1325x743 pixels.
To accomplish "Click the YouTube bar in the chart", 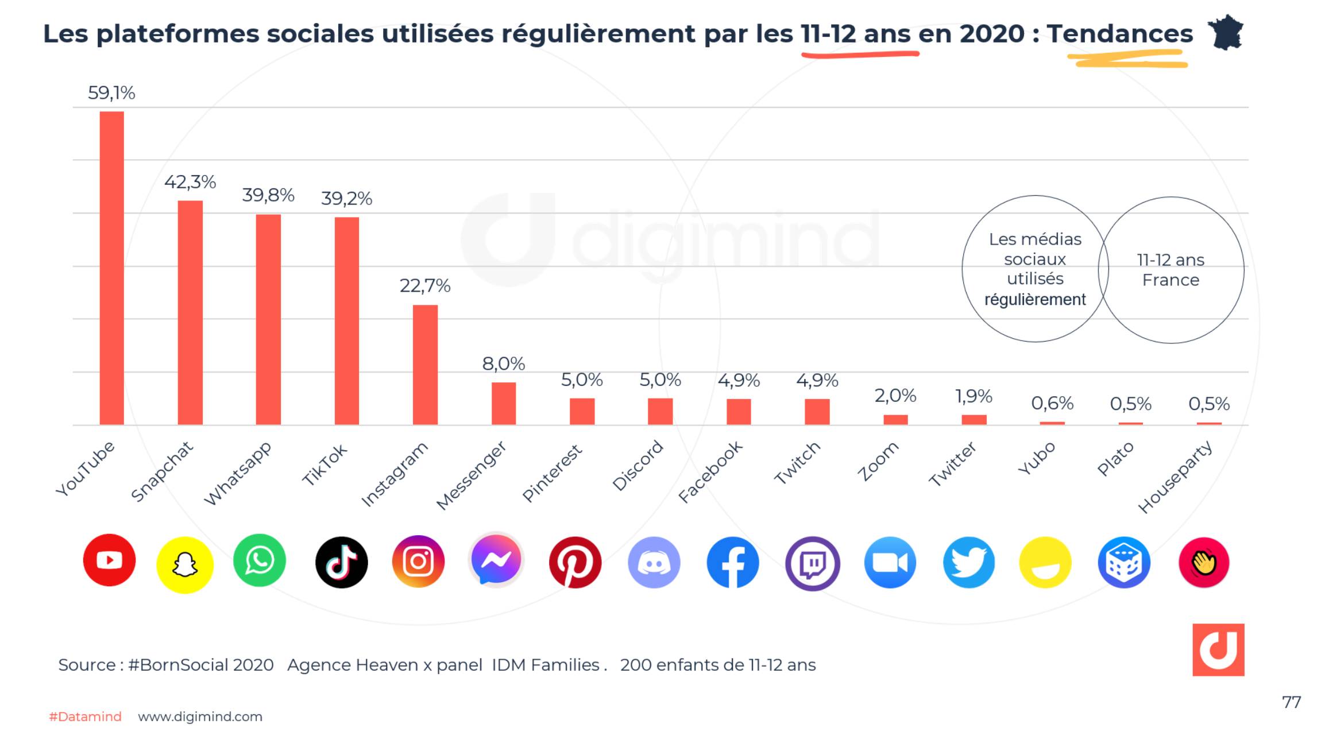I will pos(111,268).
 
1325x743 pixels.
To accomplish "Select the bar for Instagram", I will pos(425,365).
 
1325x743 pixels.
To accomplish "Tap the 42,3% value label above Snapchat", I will pos(190,182).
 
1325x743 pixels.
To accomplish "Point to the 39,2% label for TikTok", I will pos(346,199).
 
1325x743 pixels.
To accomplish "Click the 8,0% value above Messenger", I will pos(503,363).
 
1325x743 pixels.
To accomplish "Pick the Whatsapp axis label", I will pos(238,474).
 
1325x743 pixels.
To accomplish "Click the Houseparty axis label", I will pos(1175,477).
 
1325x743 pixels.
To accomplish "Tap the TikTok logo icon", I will pos(341,562).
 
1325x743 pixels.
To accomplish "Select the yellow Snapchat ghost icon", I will pos(184,564).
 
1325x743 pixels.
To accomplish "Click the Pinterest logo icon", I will pos(575,562).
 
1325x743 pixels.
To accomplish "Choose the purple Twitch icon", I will pos(812,563).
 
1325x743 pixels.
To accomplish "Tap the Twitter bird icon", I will pos(968,563).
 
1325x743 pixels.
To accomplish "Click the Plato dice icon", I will pos(1123,563).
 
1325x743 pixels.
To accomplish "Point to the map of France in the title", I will pos(1226,33).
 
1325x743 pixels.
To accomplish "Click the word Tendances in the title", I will pos(1119,34).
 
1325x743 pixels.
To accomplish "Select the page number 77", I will pos(1291,702).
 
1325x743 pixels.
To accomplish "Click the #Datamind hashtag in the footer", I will pos(85,717).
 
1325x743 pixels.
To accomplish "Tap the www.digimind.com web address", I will pos(200,717).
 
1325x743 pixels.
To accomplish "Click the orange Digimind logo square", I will pos(1218,649).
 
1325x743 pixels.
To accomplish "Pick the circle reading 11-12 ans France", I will pos(1171,270).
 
